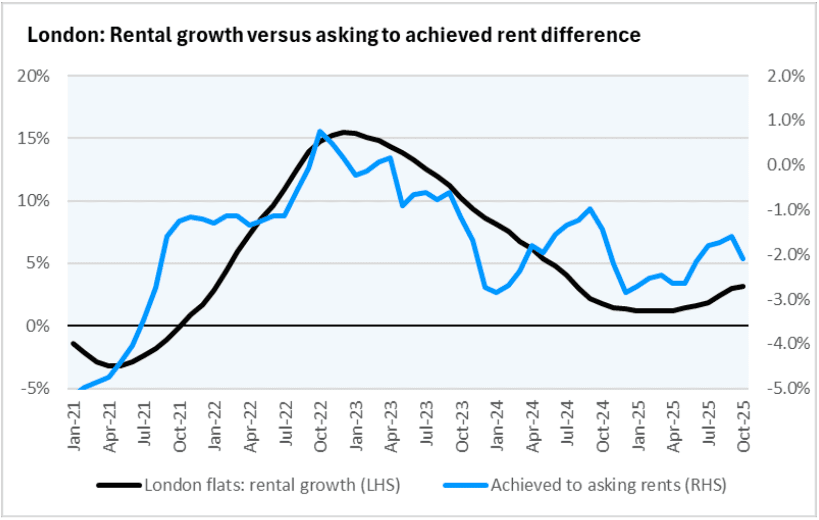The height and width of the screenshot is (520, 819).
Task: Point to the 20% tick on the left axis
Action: (x=33, y=76)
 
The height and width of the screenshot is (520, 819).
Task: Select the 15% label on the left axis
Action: (x=33, y=138)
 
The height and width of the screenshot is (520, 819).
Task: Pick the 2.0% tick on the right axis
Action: (x=786, y=76)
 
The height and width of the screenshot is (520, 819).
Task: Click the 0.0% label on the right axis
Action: (x=786, y=165)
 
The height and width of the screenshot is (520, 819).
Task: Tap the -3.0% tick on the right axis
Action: (x=788, y=299)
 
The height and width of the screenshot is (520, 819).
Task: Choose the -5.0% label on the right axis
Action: (x=788, y=388)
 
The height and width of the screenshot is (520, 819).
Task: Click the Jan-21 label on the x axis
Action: (x=75, y=426)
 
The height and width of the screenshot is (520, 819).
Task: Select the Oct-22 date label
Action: (x=321, y=426)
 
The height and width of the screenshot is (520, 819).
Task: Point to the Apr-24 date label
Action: (x=533, y=426)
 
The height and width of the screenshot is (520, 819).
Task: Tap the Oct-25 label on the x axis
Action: (x=743, y=426)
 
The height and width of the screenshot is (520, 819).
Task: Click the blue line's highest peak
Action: (x=320, y=131)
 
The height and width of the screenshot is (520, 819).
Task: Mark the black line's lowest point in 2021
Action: (x=111, y=365)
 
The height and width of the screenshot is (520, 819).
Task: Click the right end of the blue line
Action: (x=743, y=259)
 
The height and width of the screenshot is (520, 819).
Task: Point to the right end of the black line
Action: (x=743, y=286)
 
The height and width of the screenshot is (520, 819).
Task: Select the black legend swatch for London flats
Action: (x=119, y=486)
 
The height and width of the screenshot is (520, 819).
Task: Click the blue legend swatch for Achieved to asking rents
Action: (x=465, y=486)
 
